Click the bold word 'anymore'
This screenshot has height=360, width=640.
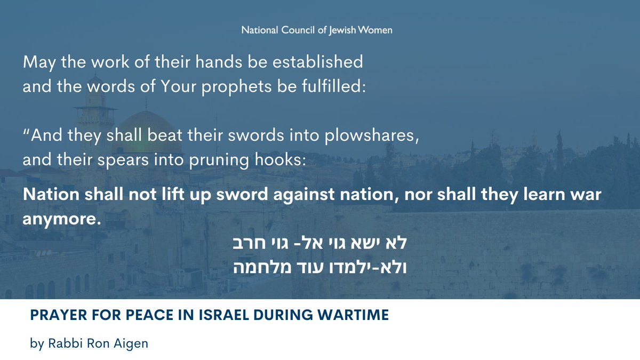(x=61, y=218)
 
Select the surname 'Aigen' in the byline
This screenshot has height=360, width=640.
(x=133, y=343)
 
